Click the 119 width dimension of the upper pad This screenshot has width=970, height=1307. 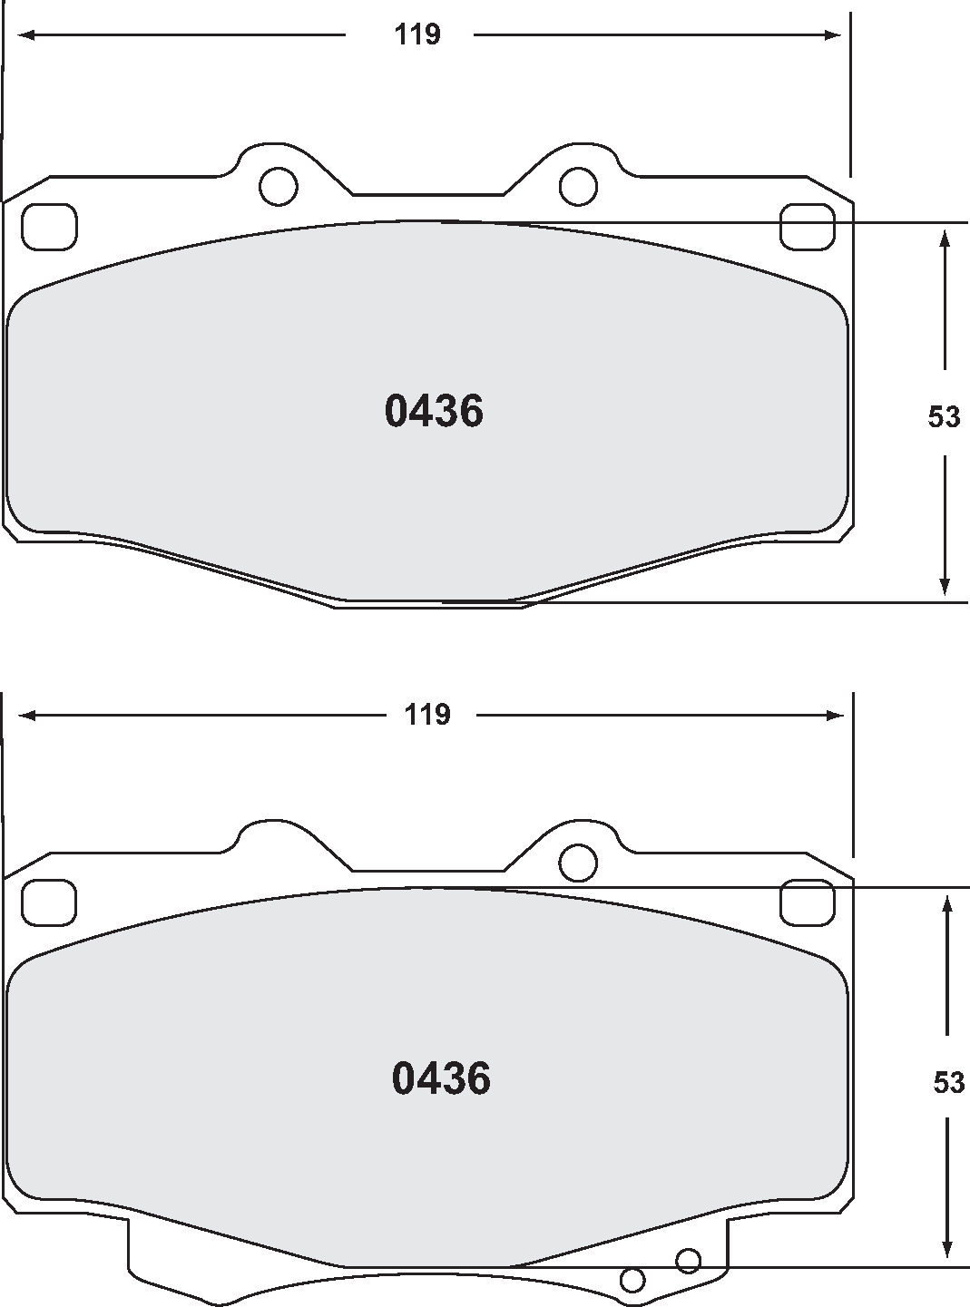pos(416,35)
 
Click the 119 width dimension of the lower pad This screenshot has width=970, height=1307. pos(427,715)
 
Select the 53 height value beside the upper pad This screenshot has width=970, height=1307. pos(944,416)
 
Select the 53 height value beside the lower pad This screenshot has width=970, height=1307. pos(948,1082)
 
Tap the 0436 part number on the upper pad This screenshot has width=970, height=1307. pos(434,412)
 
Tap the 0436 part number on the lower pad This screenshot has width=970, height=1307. pos(441,1078)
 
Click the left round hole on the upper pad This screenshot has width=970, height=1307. pos(278,187)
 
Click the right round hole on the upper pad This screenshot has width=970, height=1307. pos(578,187)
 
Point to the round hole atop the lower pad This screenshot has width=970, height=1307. pos(578,863)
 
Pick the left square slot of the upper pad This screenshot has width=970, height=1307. pos(49,227)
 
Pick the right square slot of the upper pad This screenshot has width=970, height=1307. pos(808,227)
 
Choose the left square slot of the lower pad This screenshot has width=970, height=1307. pos(49,903)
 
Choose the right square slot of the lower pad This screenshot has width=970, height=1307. pos(808,903)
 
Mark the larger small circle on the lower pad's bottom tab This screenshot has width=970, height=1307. pos(688,1260)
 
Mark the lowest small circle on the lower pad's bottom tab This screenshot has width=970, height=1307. pos(632,1280)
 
